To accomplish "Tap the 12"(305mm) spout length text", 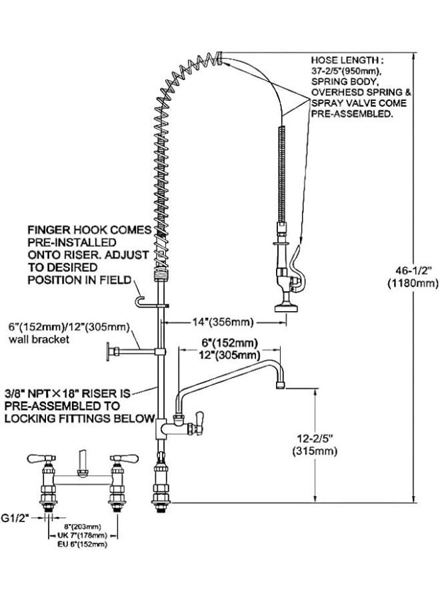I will [230, 355].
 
